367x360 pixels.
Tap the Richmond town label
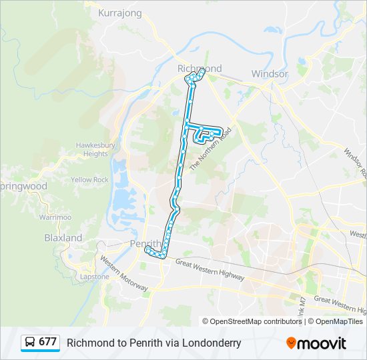pos(200,69)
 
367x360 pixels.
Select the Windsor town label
pos(269,74)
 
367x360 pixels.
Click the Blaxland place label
pos(63,238)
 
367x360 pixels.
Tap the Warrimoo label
pos(55,217)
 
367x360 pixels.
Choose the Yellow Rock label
pos(90,180)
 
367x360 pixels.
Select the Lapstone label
pos(95,277)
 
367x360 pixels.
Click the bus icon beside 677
pos(30,343)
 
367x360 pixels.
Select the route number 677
pos(47,343)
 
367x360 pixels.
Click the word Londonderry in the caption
pos(208,343)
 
